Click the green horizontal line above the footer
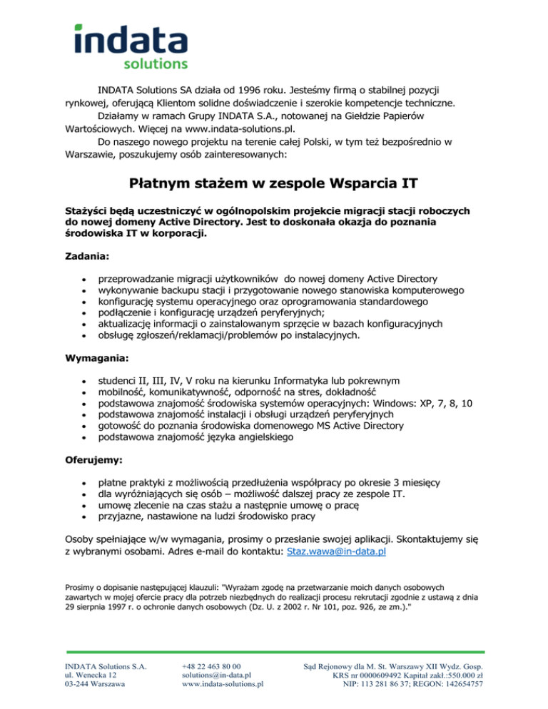point(274,651)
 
